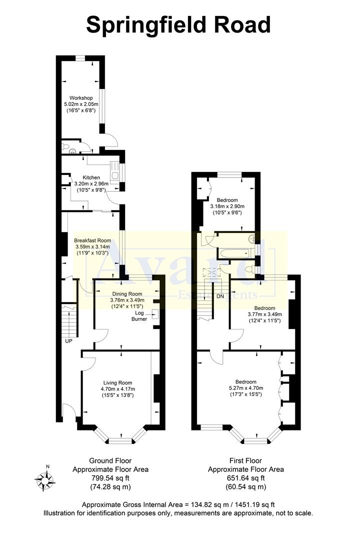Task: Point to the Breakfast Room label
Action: tap(92, 240)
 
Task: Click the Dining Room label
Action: tap(126, 294)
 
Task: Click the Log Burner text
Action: tap(139, 315)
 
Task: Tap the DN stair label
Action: tap(220, 296)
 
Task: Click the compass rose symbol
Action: tap(44, 479)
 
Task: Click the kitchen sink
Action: tap(114, 171)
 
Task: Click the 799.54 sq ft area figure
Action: tap(110, 478)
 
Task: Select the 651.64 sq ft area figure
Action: tap(245, 478)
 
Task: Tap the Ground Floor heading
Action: tap(110, 460)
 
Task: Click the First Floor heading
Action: tap(245, 460)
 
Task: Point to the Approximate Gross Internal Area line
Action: tap(178, 504)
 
